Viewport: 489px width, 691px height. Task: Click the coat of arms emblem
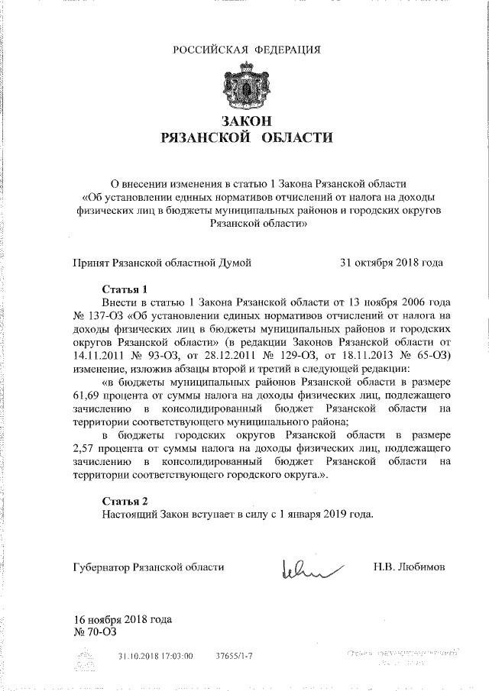pos(244,86)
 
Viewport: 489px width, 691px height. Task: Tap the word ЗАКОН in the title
pos(246,121)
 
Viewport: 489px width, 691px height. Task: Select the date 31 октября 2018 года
pos(391,263)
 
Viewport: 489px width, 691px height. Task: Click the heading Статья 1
pos(125,289)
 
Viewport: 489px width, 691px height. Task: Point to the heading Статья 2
pos(125,500)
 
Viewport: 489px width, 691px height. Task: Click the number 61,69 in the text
pos(89,394)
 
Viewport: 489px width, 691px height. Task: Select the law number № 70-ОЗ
pos(95,631)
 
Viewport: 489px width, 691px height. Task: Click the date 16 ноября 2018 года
pos(122,619)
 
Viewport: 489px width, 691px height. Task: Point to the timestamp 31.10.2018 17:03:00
pos(156,656)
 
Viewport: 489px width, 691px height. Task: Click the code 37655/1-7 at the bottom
pos(235,656)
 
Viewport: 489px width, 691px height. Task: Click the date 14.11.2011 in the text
pos(100,355)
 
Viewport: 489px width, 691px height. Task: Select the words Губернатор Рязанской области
pos(149,567)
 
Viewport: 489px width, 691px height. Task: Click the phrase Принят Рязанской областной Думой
pos(162,263)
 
